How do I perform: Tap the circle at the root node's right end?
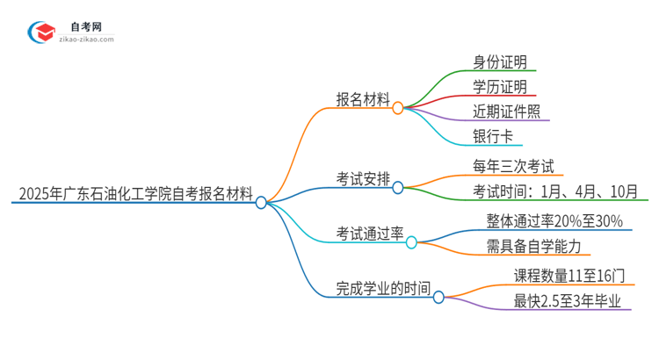[x=261, y=202]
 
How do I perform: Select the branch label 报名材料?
[x=363, y=99]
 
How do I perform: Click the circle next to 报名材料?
[x=398, y=108]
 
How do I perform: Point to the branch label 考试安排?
[x=363, y=178]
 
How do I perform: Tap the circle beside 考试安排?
[x=398, y=187]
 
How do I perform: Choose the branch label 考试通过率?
[x=369, y=233]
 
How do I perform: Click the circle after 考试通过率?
[x=411, y=241]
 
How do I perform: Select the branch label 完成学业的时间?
[x=383, y=287]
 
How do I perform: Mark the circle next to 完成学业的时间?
[x=438, y=297]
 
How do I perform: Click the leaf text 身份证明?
[x=500, y=61]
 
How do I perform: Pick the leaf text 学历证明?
[x=500, y=86]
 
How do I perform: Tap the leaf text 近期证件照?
[x=506, y=111]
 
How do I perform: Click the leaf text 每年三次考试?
[x=512, y=166]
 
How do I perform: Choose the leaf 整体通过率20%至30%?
[x=554, y=221]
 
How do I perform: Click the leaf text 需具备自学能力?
[x=533, y=246]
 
